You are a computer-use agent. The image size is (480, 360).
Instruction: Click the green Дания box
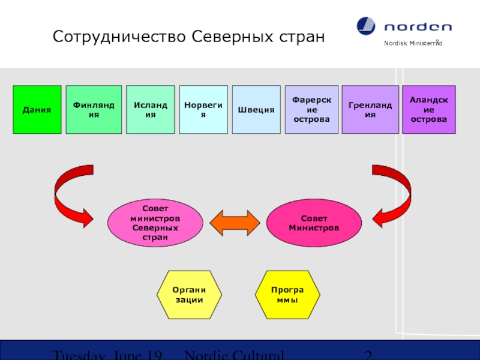pos(37,109)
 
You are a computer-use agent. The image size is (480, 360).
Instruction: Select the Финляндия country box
pos(94,109)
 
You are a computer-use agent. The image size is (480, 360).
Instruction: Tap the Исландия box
pos(150,109)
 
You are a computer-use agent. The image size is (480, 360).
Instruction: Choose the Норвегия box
pos(203,109)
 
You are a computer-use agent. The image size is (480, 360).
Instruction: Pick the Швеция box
pos(256,109)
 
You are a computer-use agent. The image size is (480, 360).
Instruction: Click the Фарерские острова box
pos(311,109)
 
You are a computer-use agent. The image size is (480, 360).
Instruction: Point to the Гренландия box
pos(370,109)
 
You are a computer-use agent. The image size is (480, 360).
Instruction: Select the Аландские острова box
pos(428,109)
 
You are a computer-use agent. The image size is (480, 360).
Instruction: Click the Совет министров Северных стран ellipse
pos(155,223)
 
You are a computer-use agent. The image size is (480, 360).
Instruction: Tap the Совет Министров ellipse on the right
pos(314,223)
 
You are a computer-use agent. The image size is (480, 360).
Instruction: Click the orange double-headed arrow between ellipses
pos(235,223)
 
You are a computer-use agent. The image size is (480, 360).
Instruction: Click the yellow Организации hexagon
pos(189,295)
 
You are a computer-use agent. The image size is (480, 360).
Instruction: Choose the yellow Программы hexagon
pos(287,295)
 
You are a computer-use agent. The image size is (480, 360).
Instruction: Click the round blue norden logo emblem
pos(366,26)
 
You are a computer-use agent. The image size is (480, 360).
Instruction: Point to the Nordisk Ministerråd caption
pos(413,44)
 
